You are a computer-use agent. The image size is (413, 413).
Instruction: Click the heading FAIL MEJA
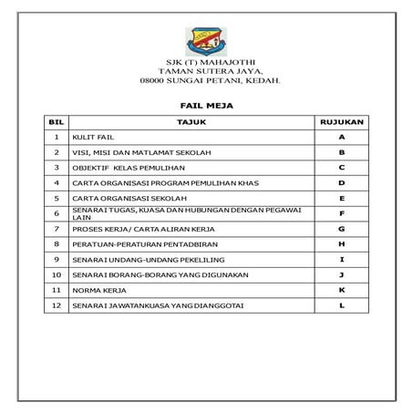[x=206, y=106]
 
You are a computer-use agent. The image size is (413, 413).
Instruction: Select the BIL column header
[x=57, y=120]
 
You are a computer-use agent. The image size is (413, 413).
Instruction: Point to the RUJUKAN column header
[x=341, y=120]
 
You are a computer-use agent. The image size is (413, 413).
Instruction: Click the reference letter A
[x=341, y=136]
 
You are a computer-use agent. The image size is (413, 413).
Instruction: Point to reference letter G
[x=341, y=228]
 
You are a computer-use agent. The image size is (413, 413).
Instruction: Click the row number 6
[x=57, y=213]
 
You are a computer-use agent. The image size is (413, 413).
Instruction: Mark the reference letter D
[x=341, y=182]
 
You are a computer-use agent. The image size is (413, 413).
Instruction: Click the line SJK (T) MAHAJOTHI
[x=206, y=62]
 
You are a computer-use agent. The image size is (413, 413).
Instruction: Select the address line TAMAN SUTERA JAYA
[x=206, y=71]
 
